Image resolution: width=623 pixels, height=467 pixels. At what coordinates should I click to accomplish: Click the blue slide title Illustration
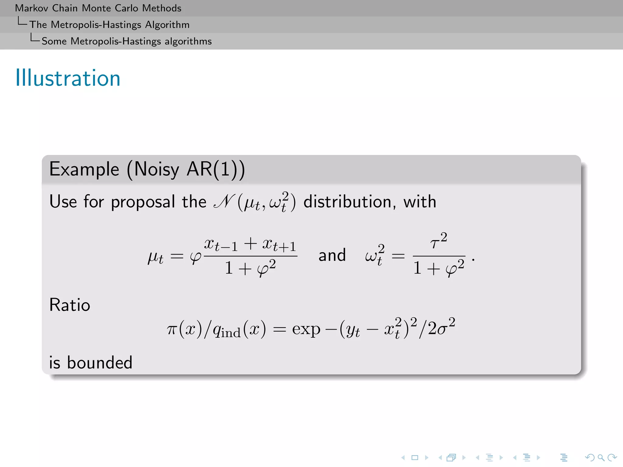68,78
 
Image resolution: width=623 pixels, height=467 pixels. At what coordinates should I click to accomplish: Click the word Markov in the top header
32,8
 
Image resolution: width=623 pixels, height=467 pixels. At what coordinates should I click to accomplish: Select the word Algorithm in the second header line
167,25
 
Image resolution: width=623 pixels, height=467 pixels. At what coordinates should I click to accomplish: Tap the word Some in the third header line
54,41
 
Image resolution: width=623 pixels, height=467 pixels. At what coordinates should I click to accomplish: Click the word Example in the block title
84,169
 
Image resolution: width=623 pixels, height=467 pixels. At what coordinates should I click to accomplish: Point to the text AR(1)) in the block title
215,169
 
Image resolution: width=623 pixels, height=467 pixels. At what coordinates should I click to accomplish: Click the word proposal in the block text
143,202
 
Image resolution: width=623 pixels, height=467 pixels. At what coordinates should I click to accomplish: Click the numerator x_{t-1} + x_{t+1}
250,244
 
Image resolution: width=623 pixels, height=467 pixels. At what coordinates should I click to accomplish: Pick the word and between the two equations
332,255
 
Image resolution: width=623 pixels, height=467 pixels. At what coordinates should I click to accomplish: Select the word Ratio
70,305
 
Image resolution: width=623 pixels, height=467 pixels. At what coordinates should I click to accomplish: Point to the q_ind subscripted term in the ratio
226,330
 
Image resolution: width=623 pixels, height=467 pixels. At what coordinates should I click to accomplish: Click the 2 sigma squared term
441,327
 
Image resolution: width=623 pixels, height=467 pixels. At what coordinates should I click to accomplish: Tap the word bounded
100,362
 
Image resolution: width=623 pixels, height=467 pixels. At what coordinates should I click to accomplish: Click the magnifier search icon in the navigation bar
600,458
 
